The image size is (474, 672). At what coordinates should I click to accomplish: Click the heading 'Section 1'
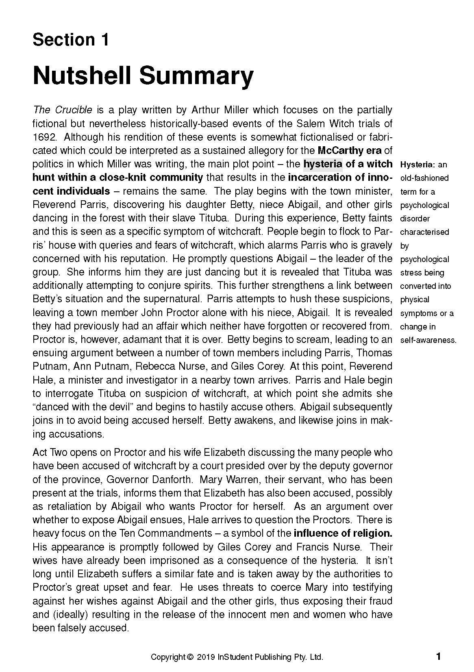click(71, 40)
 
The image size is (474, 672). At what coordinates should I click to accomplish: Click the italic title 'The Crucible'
click(63, 110)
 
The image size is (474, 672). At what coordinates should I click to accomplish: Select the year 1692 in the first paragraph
click(44, 137)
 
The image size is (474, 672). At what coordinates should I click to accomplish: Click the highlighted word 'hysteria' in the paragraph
click(323, 164)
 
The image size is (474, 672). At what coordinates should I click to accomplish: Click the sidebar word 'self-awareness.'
click(428, 340)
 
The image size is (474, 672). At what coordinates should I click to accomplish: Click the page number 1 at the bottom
click(438, 656)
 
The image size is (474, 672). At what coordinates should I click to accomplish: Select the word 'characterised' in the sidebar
click(424, 232)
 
